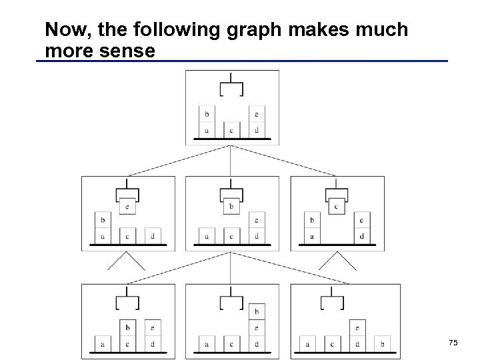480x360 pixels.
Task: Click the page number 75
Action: [x=453, y=343]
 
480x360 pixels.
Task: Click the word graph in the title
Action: [x=233, y=30]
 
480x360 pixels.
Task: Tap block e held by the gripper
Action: [x=127, y=207]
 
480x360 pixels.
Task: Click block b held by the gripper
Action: [x=231, y=207]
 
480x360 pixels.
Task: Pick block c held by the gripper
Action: [x=336, y=207]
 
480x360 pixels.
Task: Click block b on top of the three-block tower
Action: [x=257, y=311]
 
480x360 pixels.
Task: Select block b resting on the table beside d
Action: [x=383, y=344]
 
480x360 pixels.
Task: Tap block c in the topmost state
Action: [x=231, y=130]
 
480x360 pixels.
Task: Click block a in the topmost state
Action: [x=207, y=130]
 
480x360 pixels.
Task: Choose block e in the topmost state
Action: [x=257, y=115]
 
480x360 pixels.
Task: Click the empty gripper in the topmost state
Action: [x=231, y=88]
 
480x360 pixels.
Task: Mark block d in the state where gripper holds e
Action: [x=153, y=236]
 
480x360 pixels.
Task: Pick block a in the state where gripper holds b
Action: [x=207, y=236]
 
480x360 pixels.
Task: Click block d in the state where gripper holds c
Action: [x=361, y=236]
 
